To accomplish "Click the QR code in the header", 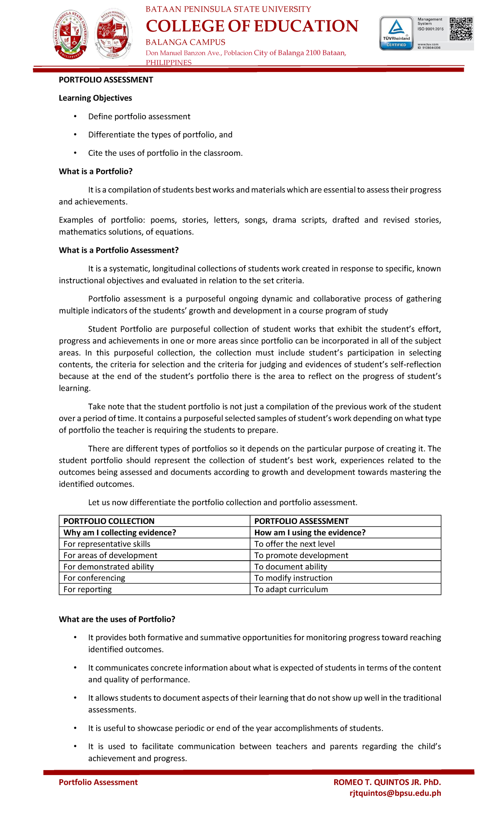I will point(461,28).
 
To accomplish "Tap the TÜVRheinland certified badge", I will point(396,33).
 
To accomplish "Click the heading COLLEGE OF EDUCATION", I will point(252,26).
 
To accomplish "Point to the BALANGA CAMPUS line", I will point(185,42).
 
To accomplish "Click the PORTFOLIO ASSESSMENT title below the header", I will point(106,80).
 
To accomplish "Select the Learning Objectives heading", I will point(95,98).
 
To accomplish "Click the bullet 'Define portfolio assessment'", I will point(139,117).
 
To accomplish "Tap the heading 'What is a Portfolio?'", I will point(96,172).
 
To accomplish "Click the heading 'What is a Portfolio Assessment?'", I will point(119,250).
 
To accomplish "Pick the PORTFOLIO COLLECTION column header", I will point(109,521).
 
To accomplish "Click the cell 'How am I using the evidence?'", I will point(310,533).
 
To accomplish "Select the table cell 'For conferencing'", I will point(94,578).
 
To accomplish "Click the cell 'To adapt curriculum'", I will point(291,589).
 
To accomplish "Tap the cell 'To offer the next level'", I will point(294,544).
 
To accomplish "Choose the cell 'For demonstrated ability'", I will point(108,567).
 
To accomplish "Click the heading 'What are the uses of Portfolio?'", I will point(117,619).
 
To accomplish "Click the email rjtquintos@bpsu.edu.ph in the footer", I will point(395,793).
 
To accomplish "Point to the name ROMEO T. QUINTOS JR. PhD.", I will point(387,782).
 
